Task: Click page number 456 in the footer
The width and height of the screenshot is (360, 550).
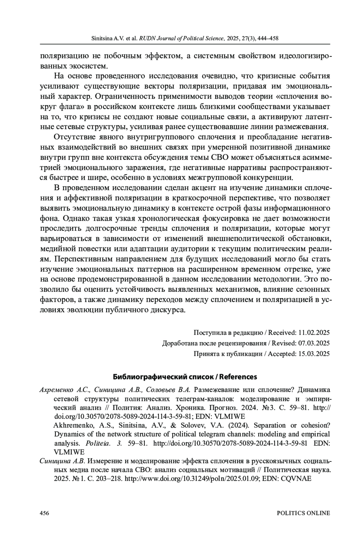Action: coord(44,513)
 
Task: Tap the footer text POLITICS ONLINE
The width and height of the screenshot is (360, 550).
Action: coord(303,513)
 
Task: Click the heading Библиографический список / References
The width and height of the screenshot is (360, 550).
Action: coord(185,377)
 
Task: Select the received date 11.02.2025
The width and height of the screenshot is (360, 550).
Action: coord(314,333)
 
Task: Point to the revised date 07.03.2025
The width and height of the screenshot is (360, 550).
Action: coord(314,343)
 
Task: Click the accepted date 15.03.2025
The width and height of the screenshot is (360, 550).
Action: coord(314,354)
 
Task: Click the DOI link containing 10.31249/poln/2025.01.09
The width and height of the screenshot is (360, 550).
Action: coord(192,479)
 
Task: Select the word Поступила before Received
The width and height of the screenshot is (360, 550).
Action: coord(209,333)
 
